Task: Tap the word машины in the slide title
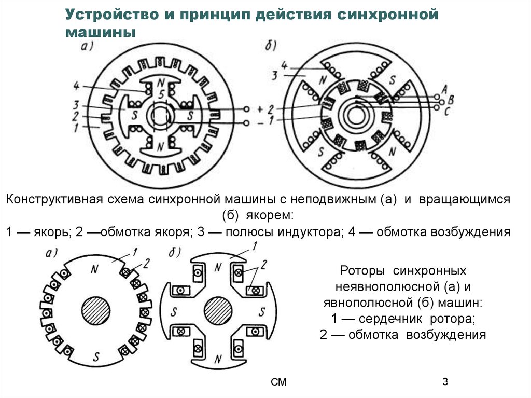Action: (x=100, y=32)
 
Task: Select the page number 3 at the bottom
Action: (x=445, y=382)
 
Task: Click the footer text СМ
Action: (x=278, y=383)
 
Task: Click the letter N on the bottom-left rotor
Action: (x=94, y=269)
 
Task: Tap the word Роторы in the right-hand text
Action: (x=363, y=271)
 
